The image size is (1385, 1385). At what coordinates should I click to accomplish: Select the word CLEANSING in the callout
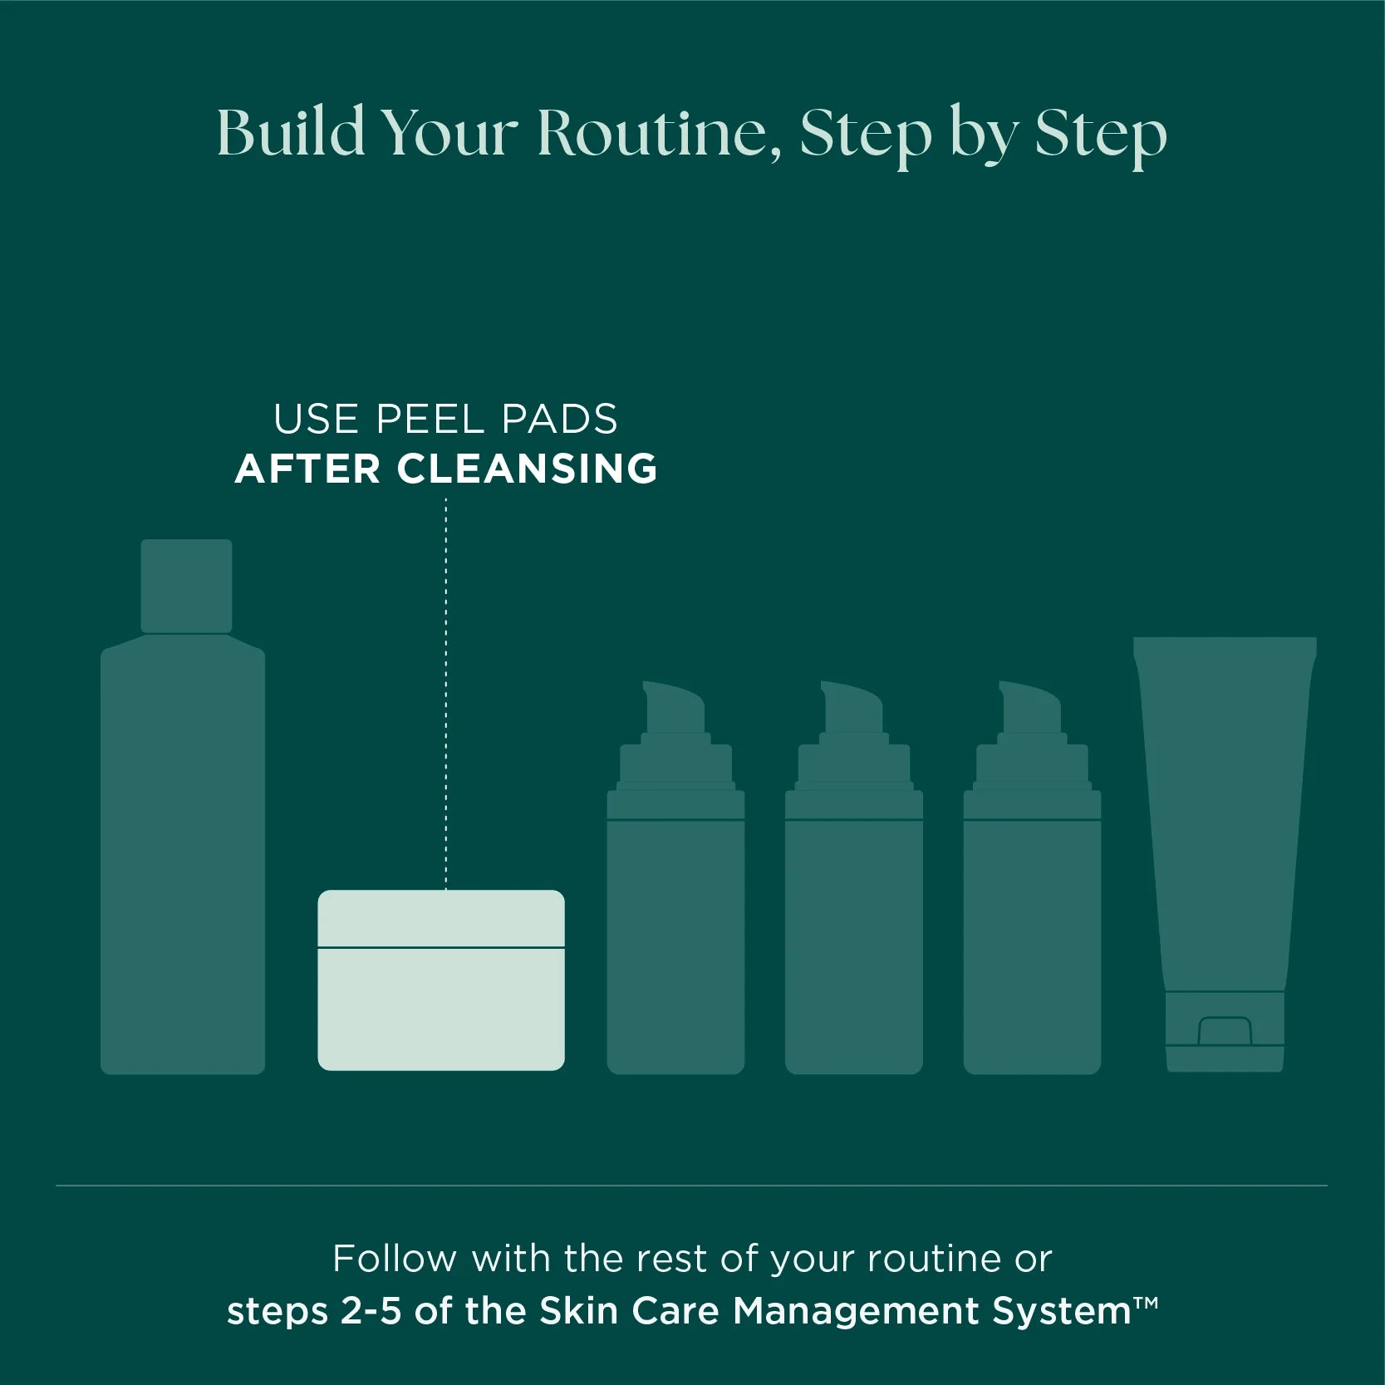(527, 469)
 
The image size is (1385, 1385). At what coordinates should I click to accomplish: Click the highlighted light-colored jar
(441, 980)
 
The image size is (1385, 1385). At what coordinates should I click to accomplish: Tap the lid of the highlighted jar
(441, 918)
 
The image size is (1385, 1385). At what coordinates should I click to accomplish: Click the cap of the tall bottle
(186, 586)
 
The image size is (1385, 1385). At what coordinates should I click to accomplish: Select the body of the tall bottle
(183, 856)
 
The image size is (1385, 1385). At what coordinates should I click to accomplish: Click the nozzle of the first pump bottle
(674, 707)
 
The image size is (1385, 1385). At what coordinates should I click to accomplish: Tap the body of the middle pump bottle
(854, 947)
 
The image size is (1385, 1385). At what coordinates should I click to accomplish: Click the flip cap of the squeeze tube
(1225, 1031)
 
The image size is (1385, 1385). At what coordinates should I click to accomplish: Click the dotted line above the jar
(446, 694)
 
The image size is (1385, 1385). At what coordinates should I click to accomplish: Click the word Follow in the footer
(395, 1259)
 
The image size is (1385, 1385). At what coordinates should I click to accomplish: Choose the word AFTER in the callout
(308, 469)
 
